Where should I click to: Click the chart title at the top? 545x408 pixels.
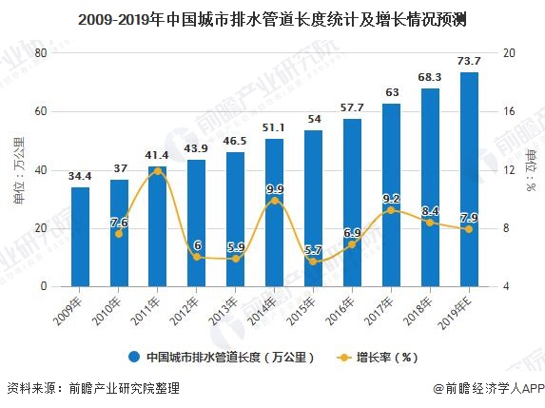(x=272, y=17)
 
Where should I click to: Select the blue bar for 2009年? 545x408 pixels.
(x=80, y=237)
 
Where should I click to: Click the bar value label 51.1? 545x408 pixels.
(x=274, y=127)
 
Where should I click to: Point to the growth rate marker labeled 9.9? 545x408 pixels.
(x=275, y=201)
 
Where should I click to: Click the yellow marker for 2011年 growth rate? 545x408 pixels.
(x=158, y=171)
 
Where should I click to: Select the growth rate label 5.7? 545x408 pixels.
(x=313, y=249)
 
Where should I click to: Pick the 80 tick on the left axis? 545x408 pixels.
(x=40, y=53)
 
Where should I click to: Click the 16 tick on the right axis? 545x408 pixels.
(x=509, y=111)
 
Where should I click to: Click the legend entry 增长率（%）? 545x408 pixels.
(x=376, y=358)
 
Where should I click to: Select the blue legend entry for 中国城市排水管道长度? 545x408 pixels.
(x=224, y=358)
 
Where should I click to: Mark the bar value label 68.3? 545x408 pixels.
(x=430, y=77)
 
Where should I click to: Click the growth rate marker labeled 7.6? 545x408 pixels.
(x=119, y=233)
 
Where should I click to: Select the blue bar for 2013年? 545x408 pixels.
(x=235, y=220)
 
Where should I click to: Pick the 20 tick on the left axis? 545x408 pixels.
(x=40, y=228)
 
